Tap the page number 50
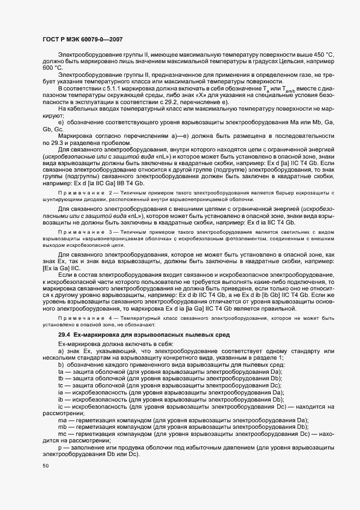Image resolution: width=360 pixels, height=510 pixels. [x=45, y=466]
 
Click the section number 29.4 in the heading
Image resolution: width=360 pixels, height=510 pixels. [x=64, y=333]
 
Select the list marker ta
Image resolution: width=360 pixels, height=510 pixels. [x=61, y=370]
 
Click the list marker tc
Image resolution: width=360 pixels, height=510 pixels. [x=61, y=385]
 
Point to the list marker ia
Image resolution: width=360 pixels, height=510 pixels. [x=61, y=392]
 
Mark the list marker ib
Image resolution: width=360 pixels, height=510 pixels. [x=61, y=399]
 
